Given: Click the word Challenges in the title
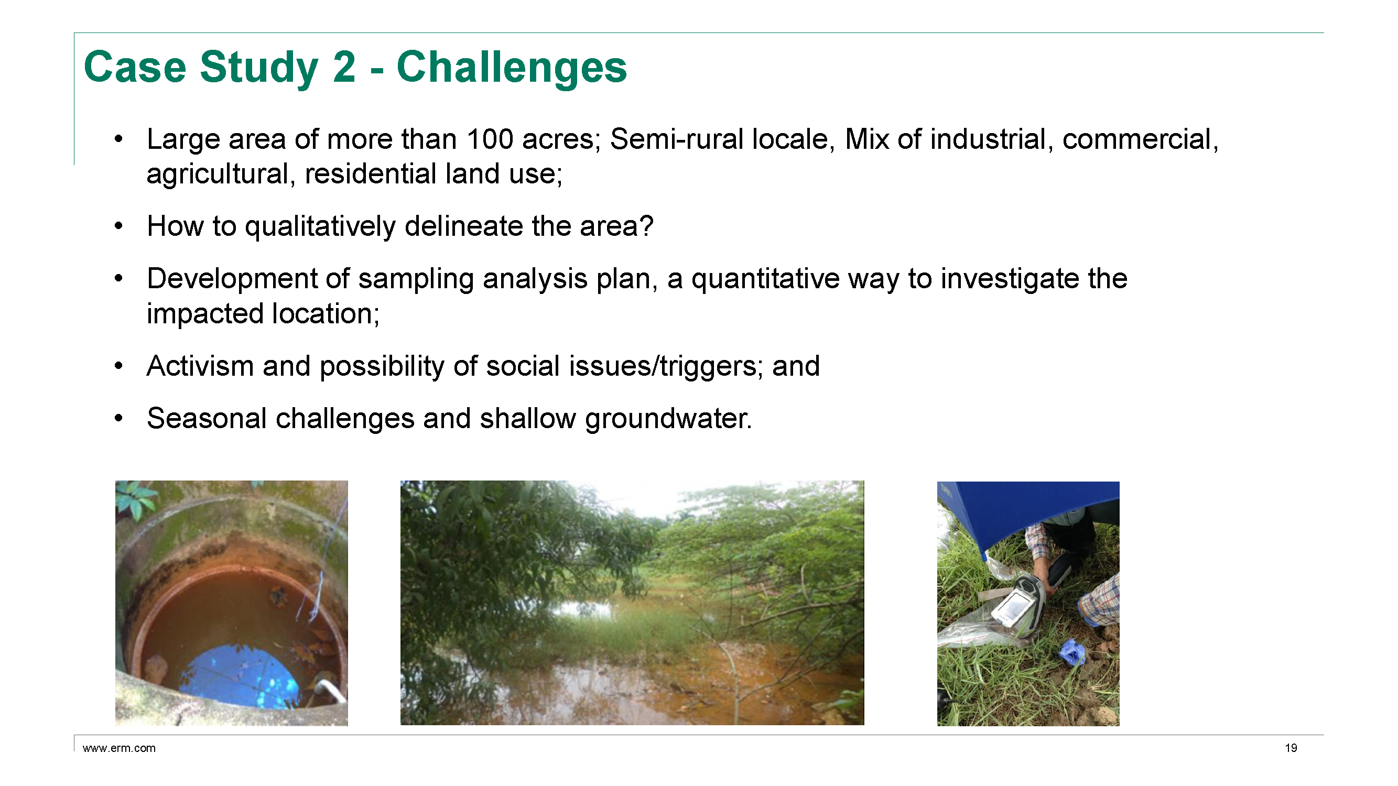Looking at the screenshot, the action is (x=512, y=68).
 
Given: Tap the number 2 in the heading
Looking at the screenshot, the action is (x=344, y=67).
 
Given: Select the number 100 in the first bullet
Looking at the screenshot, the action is (x=490, y=139).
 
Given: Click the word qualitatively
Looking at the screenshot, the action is (x=320, y=227).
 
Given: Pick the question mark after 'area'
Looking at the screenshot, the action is (x=646, y=226).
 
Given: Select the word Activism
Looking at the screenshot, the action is (x=200, y=366).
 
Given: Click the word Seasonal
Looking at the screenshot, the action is (x=206, y=419).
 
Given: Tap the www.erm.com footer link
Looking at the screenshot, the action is (x=119, y=748).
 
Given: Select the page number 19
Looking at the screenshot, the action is (x=1291, y=748).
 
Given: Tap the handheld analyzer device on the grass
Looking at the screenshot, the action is (x=1018, y=602).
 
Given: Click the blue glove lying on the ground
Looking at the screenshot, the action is (x=1072, y=652).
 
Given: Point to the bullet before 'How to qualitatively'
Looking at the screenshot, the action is (x=119, y=226).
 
